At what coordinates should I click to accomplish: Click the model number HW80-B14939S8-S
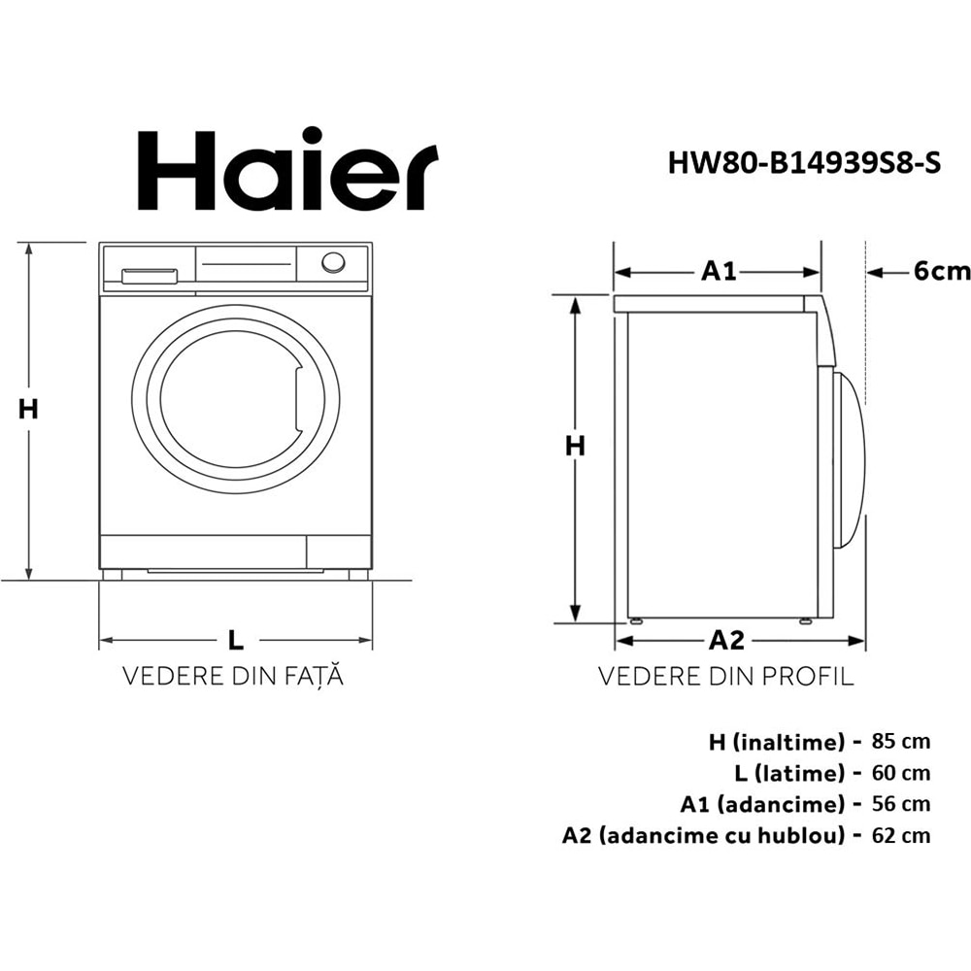click(804, 163)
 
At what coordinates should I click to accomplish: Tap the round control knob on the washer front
click(333, 262)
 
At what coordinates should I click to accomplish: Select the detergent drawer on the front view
click(149, 275)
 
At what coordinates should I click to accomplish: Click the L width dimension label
click(235, 640)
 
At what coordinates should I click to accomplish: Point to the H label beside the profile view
click(576, 446)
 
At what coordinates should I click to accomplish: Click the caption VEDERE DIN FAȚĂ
click(233, 676)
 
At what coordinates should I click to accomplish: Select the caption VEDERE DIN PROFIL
click(725, 676)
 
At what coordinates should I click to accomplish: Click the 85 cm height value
click(901, 742)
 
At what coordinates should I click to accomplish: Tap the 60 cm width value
click(901, 773)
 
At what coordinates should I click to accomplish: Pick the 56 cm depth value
click(901, 804)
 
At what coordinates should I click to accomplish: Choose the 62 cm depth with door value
click(901, 835)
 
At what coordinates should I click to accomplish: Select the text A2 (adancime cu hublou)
click(702, 835)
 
